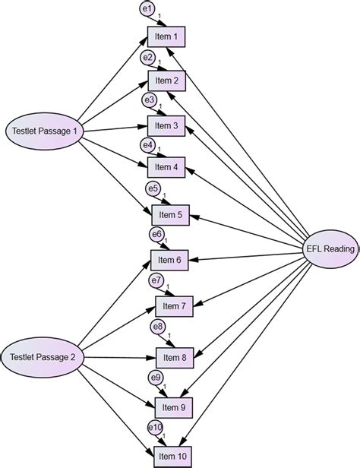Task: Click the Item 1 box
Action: click(166, 37)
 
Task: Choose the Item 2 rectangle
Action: click(166, 81)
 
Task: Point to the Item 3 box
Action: click(166, 125)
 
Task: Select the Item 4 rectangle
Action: click(166, 167)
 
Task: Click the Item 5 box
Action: click(170, 216)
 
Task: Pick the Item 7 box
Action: click(174, 306)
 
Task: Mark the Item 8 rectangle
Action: click(174, 356)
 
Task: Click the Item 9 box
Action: click(173, 407)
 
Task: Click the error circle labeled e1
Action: click(147, 9)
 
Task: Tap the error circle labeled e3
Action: click(150, 100)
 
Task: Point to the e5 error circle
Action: click(153, 189)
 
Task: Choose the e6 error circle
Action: click(156, 234)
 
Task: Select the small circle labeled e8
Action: click(158, 327)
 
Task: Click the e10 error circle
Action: click(155, 427)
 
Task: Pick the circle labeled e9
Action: click(155, 378)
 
